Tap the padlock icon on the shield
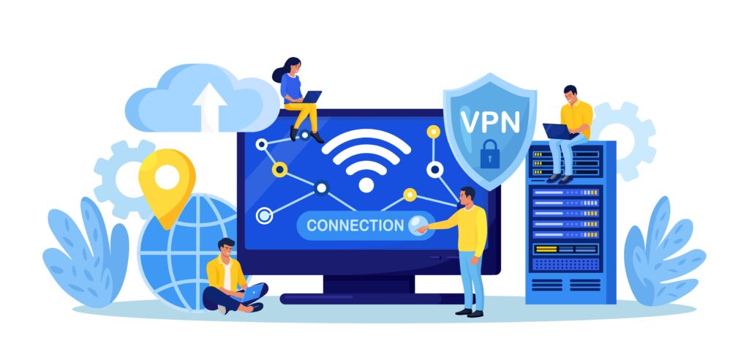489,154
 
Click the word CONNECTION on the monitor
355,225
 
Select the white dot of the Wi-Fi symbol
366,184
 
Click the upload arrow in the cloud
209,105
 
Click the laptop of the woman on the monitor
312,97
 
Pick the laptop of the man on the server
560,131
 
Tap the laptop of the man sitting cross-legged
252,293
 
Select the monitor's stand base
372,299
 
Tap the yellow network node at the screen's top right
433,132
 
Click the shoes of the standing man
470,312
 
